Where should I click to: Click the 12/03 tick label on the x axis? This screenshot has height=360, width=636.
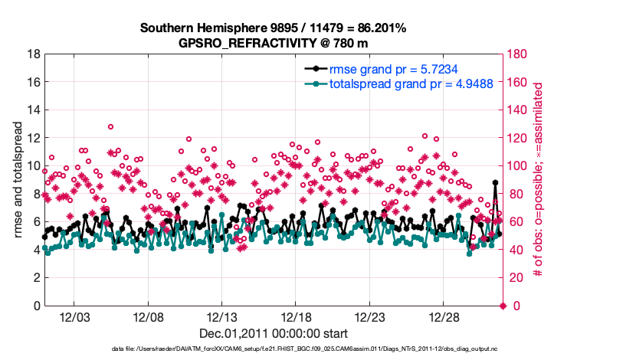tap(74, 316)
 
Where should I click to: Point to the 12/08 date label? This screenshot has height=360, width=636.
tap(149, 316)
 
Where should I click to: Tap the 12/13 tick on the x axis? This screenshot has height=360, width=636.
tap(222, 316)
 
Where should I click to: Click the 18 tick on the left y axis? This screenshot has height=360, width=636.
tap(34, 54)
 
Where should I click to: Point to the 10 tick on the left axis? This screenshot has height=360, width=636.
tap(34, 166)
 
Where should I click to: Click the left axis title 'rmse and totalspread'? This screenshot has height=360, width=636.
tap(17, 180)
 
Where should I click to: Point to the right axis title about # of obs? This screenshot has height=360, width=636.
tap(539, 180)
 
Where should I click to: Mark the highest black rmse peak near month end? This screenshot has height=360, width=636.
tap(496, 183)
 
